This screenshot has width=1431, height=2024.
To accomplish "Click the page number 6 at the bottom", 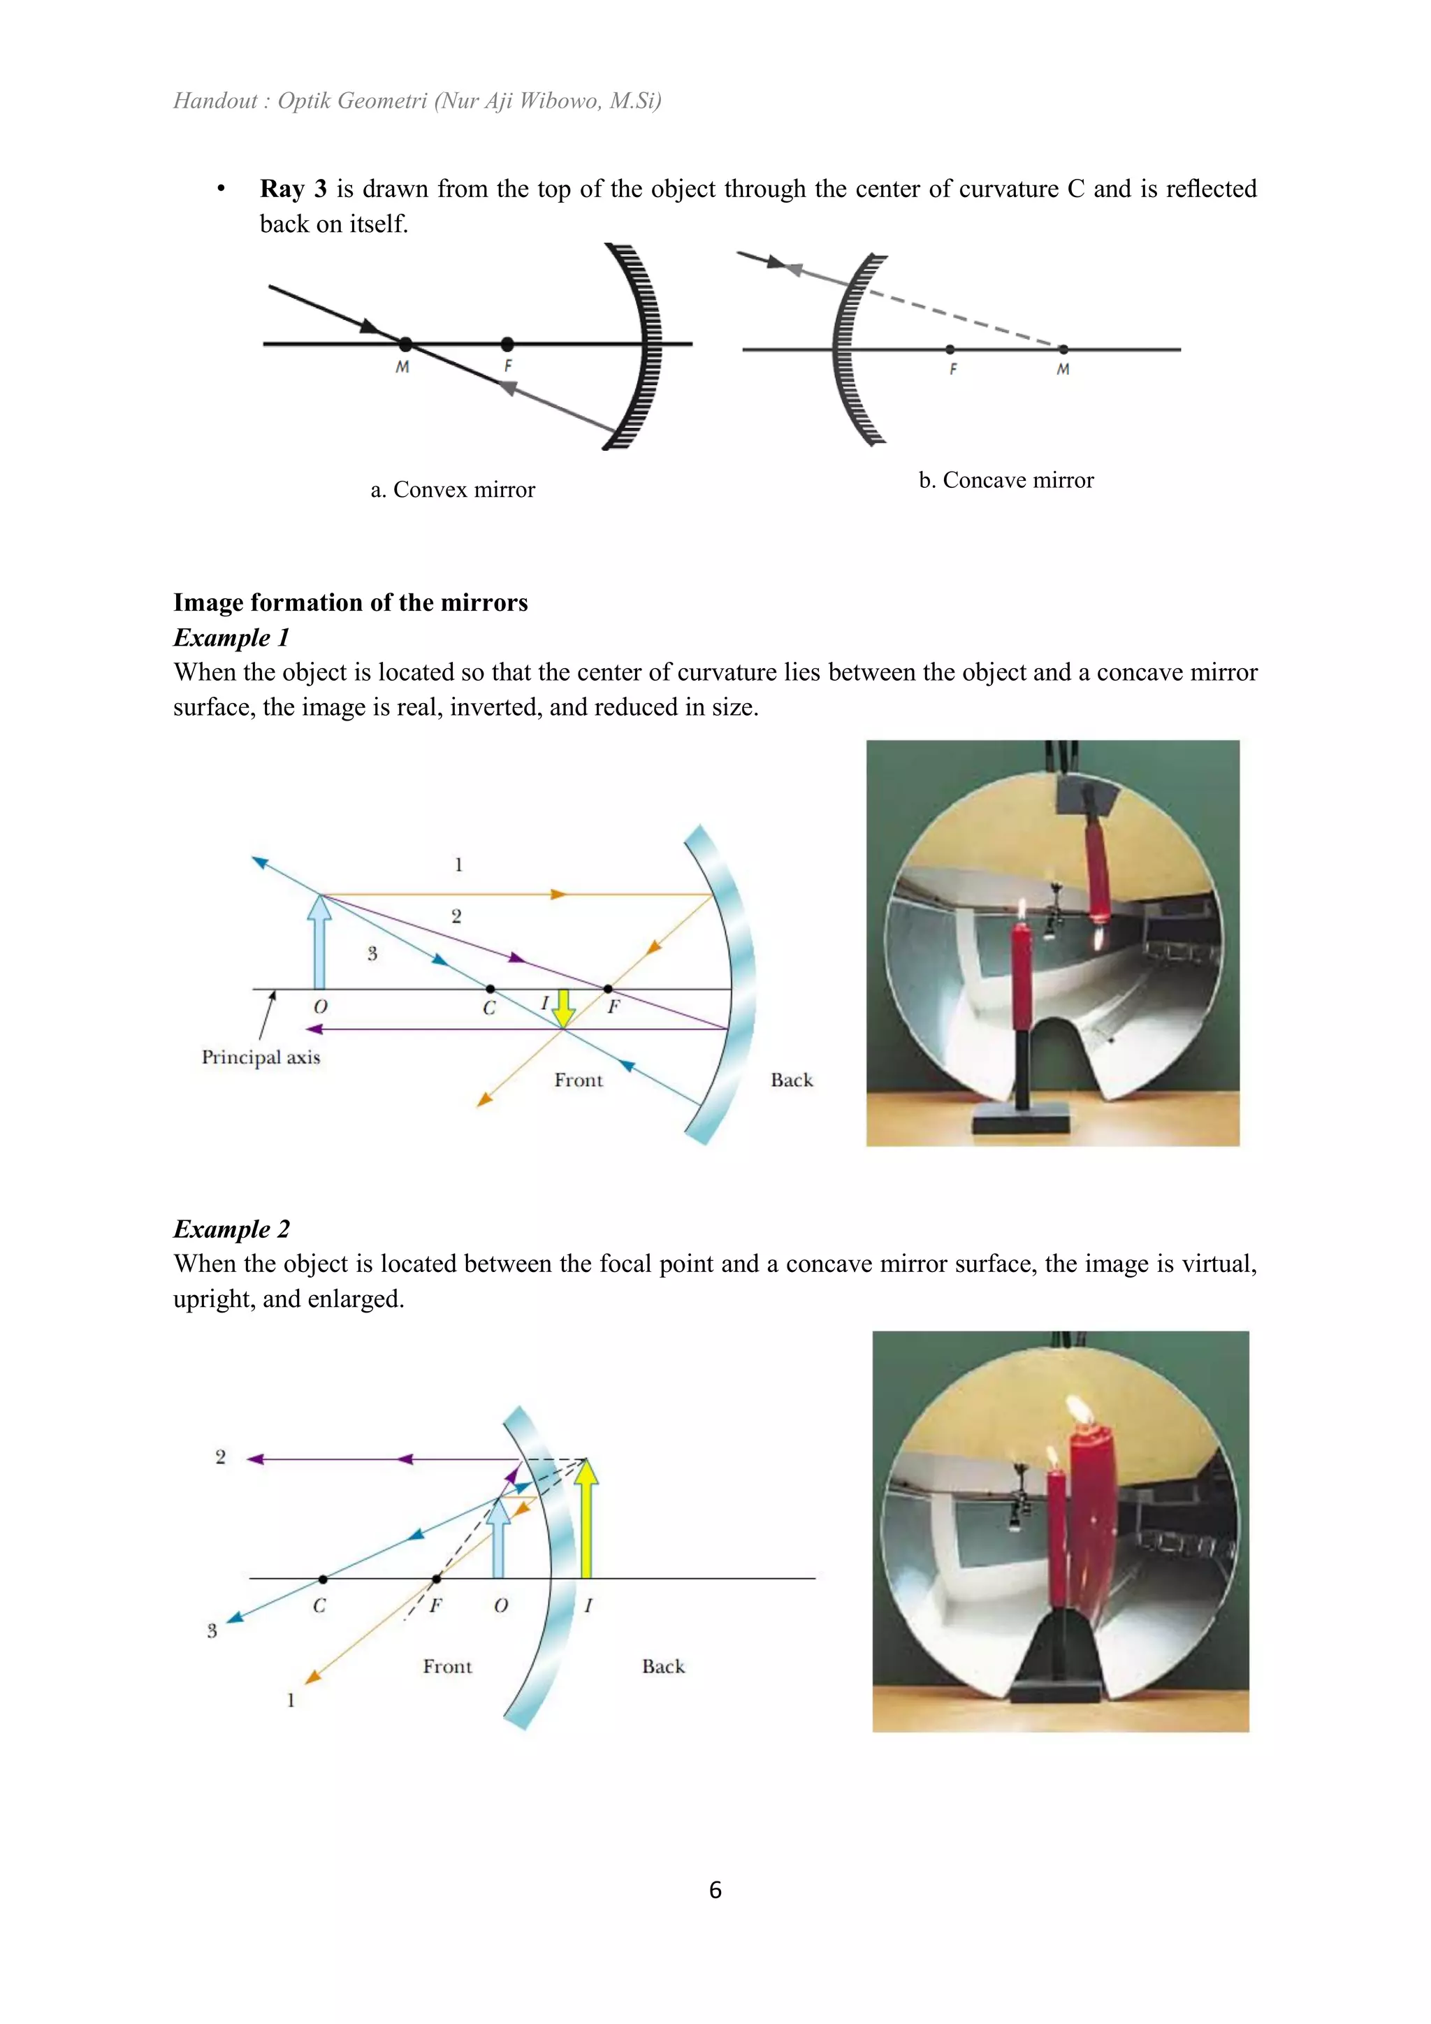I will pyautogui.click(x=715, y=1889).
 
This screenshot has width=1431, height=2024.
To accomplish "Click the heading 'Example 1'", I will pyautogui.click(x=231, y=637).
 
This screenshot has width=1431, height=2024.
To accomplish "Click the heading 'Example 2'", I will pyautogui.click(x=231, y=1229).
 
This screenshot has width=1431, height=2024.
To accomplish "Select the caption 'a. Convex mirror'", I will pyautogui.click(x=452, y=489).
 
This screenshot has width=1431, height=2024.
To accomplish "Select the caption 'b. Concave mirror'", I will pyautogui.click(x=1005, y=479).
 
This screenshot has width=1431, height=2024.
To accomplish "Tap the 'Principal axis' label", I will pyautogui.click(x=261, y=1057).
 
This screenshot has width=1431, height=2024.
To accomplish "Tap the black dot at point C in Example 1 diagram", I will pyautogui.click(x=490, y=989).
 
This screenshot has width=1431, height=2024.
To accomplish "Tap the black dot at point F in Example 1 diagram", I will pyautogui.click(x=608, y=989).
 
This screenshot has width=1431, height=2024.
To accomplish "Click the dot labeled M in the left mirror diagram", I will pyautogui.click(x=405, y=344).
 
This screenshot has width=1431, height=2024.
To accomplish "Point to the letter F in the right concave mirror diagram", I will pyautogui.click(x=952, y=369).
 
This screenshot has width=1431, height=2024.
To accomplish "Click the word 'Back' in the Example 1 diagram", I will pyautogui.click(x=791, y=1080).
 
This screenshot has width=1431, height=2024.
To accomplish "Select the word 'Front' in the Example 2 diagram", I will pyautogui.click(x=448, y=1666).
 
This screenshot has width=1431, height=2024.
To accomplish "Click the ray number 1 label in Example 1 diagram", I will pyautogui.click(x=458, y=865).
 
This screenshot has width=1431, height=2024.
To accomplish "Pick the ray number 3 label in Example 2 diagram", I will pyautogui.click(x=212, y=1631).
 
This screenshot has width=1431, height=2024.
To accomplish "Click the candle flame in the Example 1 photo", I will pyautogui.click(x=1022, y=910).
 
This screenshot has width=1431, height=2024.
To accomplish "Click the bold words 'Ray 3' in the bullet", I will pyautogui.click(x=293, y=189).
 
